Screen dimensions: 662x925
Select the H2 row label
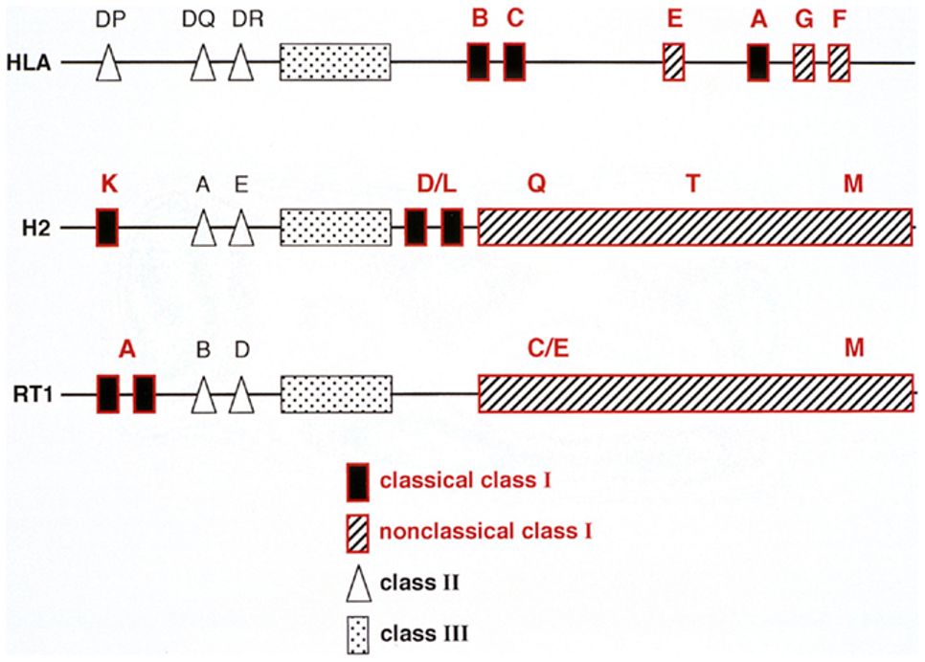[36, 229]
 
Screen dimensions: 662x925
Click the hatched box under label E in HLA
[674, 62]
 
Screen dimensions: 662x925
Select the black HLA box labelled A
[758, 62]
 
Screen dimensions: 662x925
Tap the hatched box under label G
[804, 62]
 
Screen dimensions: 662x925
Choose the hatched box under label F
[840, 62]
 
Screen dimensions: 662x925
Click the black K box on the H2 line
[107, 228]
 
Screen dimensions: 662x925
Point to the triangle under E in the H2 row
[243, 231]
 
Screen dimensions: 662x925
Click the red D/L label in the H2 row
[437, 186]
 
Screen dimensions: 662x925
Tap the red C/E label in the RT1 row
[548, 351]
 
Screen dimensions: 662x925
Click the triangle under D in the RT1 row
[243, 395]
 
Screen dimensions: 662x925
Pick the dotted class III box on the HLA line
[335, 62]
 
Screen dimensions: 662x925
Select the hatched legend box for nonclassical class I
[357, 531]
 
